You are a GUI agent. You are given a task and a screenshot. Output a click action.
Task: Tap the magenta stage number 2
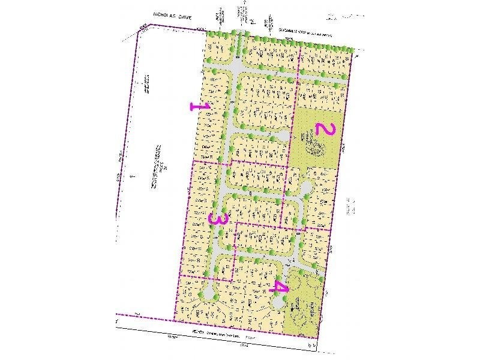coord(324,129)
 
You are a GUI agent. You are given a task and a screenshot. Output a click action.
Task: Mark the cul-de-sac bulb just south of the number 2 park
coord(306,190)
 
